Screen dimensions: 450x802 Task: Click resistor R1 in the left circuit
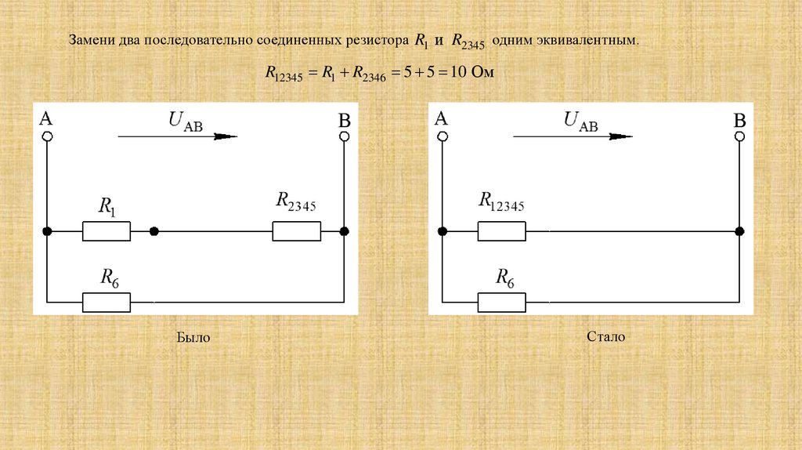(x=106, y=231)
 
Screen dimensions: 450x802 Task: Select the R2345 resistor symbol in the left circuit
(x=296, y=231)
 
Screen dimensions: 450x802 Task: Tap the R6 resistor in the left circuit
(x=106, y=301)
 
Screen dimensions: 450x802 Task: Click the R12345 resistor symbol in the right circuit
(x=501, y=231)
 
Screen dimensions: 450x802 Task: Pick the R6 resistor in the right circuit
(x=501, y=301)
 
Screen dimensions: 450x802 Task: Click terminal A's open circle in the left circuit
(x=47, y=136)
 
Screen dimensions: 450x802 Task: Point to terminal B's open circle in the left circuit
(x=344, y=136)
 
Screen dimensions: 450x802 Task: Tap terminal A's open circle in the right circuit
(x=443, y=136)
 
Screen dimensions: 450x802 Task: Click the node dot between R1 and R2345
(x=154, y=231)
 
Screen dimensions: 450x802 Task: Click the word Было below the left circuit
(x=193, y=338)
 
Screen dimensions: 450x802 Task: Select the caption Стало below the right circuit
(x=605, y=337)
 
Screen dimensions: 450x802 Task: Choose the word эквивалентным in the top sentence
(x=592, y=39)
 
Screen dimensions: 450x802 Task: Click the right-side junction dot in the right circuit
(x=739, y=231)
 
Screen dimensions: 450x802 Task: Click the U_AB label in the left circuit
(x=186, y=122)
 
